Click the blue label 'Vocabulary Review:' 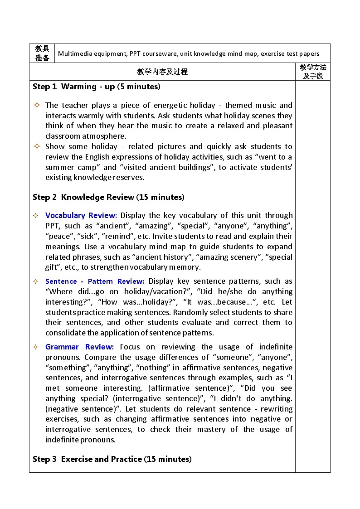pos(81,216)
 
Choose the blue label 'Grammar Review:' pos(79,347)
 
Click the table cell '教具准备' pos(42,53)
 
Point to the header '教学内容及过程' pos(162,72)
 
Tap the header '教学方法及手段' pos(313,72)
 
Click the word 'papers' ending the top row pos(309,53)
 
